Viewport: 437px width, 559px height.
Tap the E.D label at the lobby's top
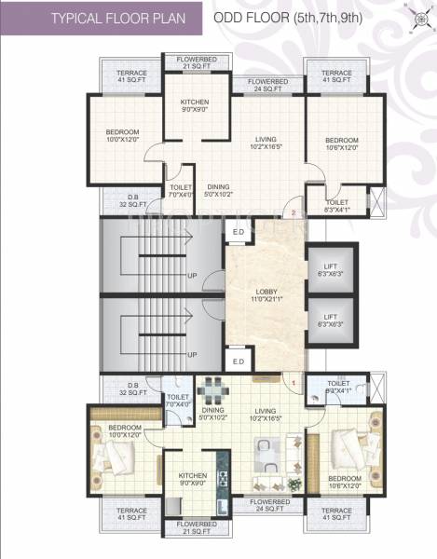238,232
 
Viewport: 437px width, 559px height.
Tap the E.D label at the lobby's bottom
238,361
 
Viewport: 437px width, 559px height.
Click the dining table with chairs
212,389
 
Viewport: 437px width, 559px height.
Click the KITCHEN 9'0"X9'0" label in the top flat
195,105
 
